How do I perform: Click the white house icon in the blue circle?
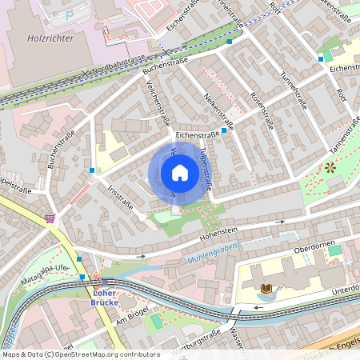pos(180,173)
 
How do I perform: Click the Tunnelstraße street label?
pos(293,84)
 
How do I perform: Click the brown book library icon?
pos(266,288)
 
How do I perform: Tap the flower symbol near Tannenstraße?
pos(330,167)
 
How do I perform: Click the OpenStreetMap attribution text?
pos(80,354)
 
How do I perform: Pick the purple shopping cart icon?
pos(50,217)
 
